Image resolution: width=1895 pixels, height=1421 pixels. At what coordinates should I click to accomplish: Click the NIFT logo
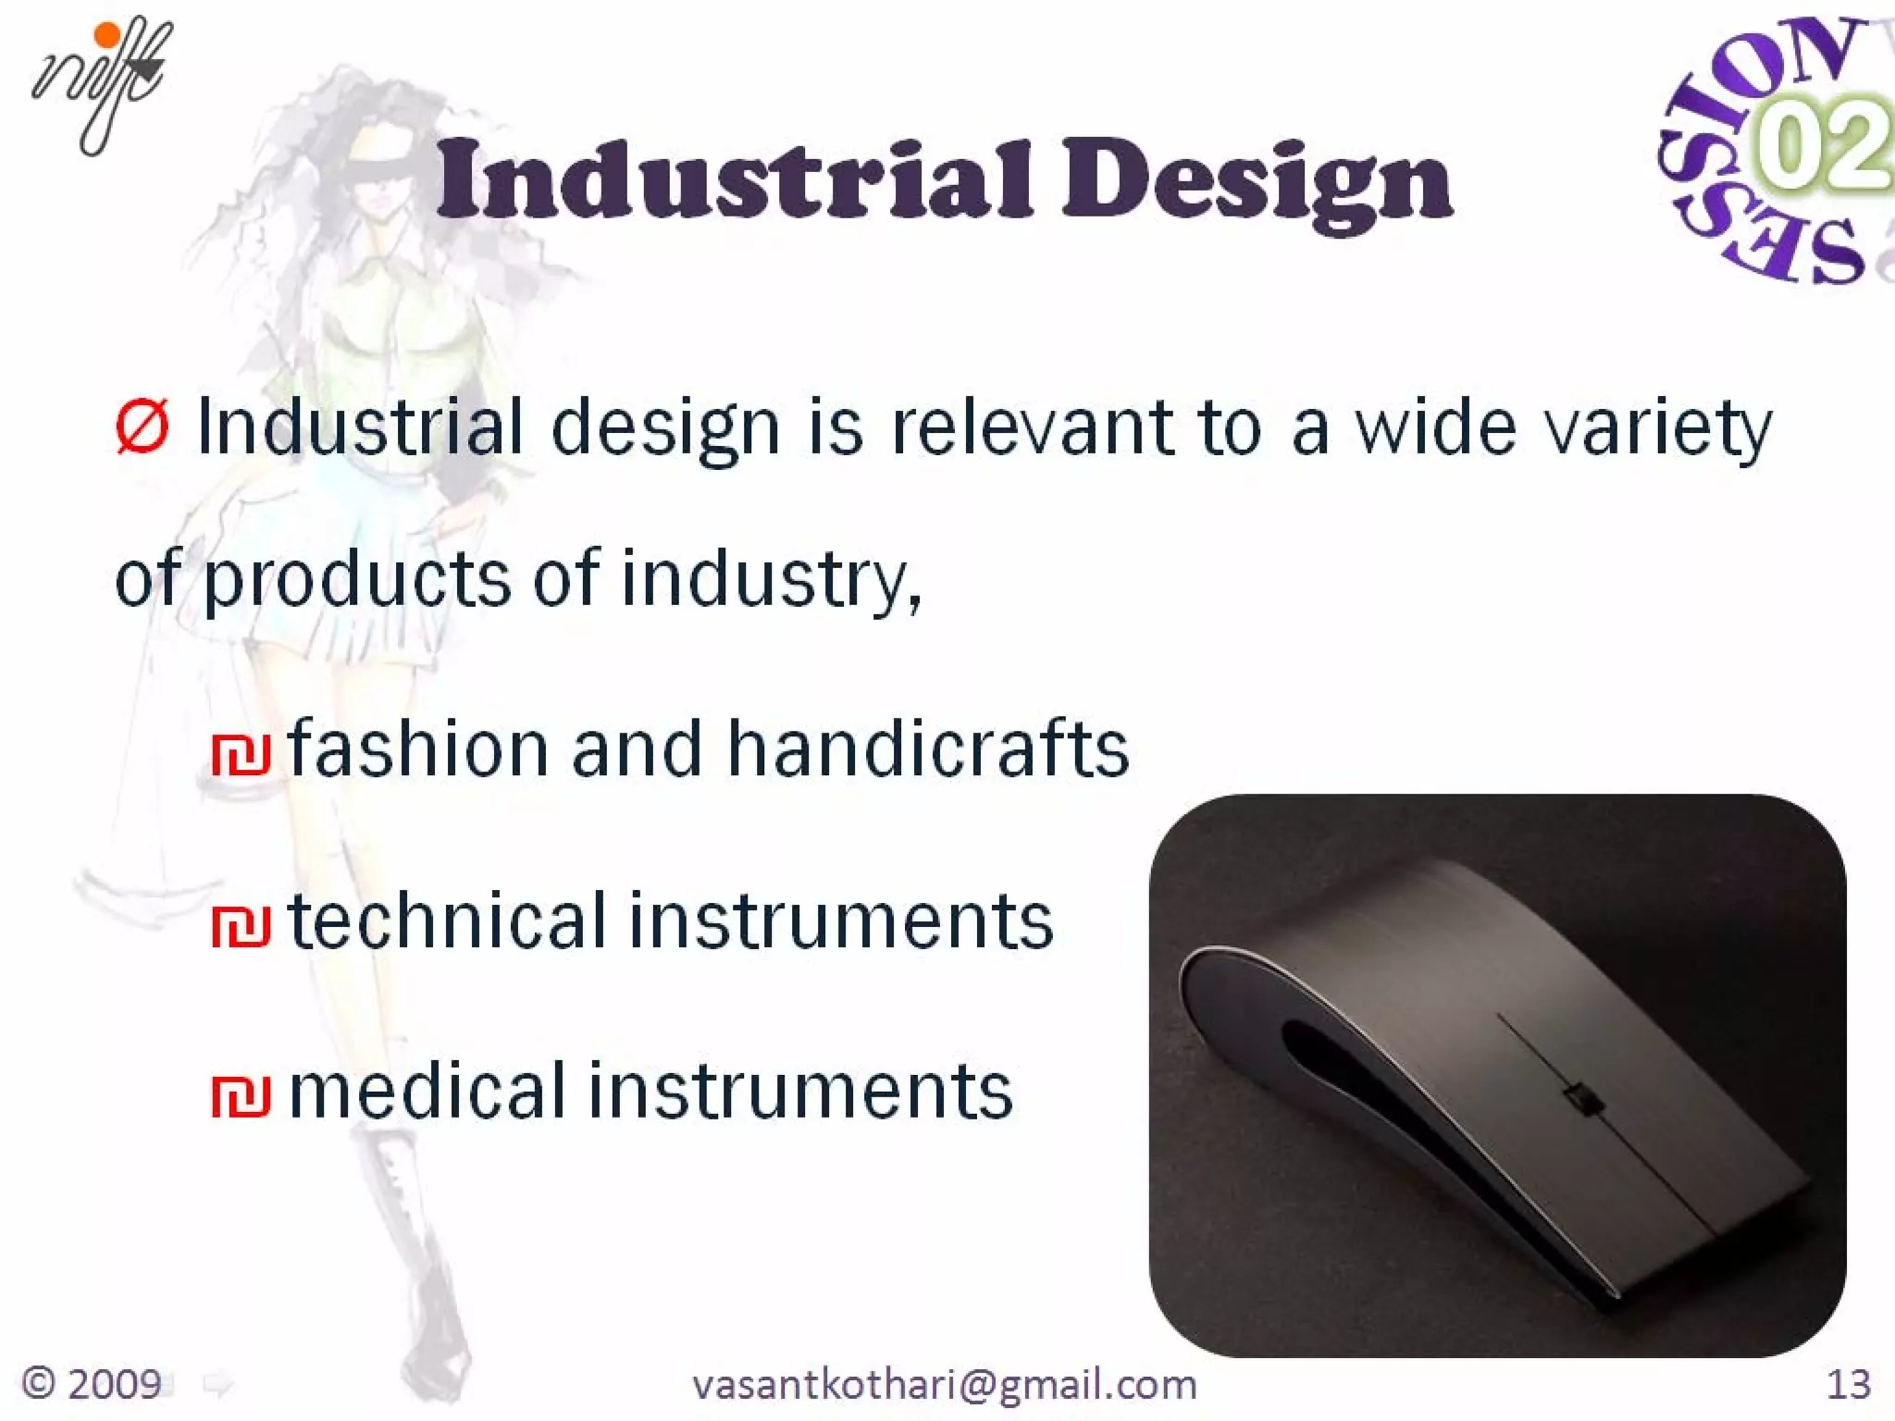[x=102, y=83]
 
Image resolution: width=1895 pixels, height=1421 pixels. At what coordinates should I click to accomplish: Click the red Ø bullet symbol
[x=142, y=427]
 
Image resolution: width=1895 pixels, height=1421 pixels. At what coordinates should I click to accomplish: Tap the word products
[x=356, y=581]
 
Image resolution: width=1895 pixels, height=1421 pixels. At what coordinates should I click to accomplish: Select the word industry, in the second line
[x=771, y=581]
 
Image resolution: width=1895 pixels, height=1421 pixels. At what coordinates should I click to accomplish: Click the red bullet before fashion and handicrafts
[x=241, y=755]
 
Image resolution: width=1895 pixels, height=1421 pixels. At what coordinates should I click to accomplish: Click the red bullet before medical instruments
[x=241, y=1097]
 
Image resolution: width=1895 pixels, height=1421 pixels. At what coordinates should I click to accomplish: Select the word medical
[x=427, y=1092]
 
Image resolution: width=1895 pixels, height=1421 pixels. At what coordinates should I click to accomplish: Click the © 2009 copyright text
[x=91, y=1384]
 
